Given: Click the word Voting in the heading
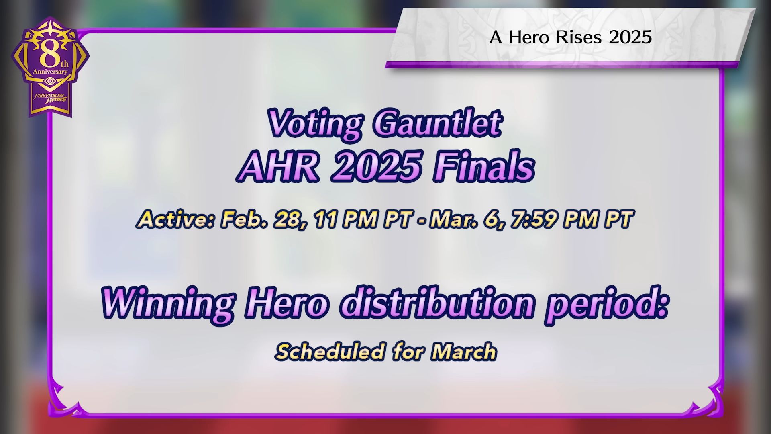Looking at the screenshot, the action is pos(315,124).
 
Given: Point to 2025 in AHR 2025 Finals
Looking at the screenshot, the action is pos(376,167).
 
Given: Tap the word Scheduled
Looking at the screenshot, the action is pos(330,352).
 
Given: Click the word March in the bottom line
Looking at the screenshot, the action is pos(464,352).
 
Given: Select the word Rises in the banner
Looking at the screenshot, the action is pos(579,37).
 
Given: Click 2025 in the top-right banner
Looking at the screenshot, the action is pos(630,37).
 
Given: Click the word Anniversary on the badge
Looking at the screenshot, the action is pos(50,72).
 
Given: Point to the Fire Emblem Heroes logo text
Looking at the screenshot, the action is pos(51,98).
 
